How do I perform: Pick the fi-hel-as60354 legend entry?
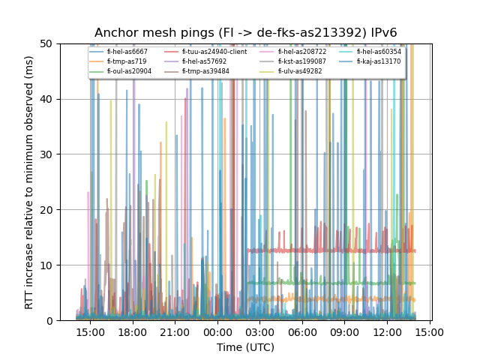373,52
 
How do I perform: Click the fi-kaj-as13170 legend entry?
373,61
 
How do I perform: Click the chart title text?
245,33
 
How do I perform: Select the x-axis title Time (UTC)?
245,347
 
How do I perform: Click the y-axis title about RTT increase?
29,181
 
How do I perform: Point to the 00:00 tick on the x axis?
217,331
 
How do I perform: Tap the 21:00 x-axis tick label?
175,331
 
